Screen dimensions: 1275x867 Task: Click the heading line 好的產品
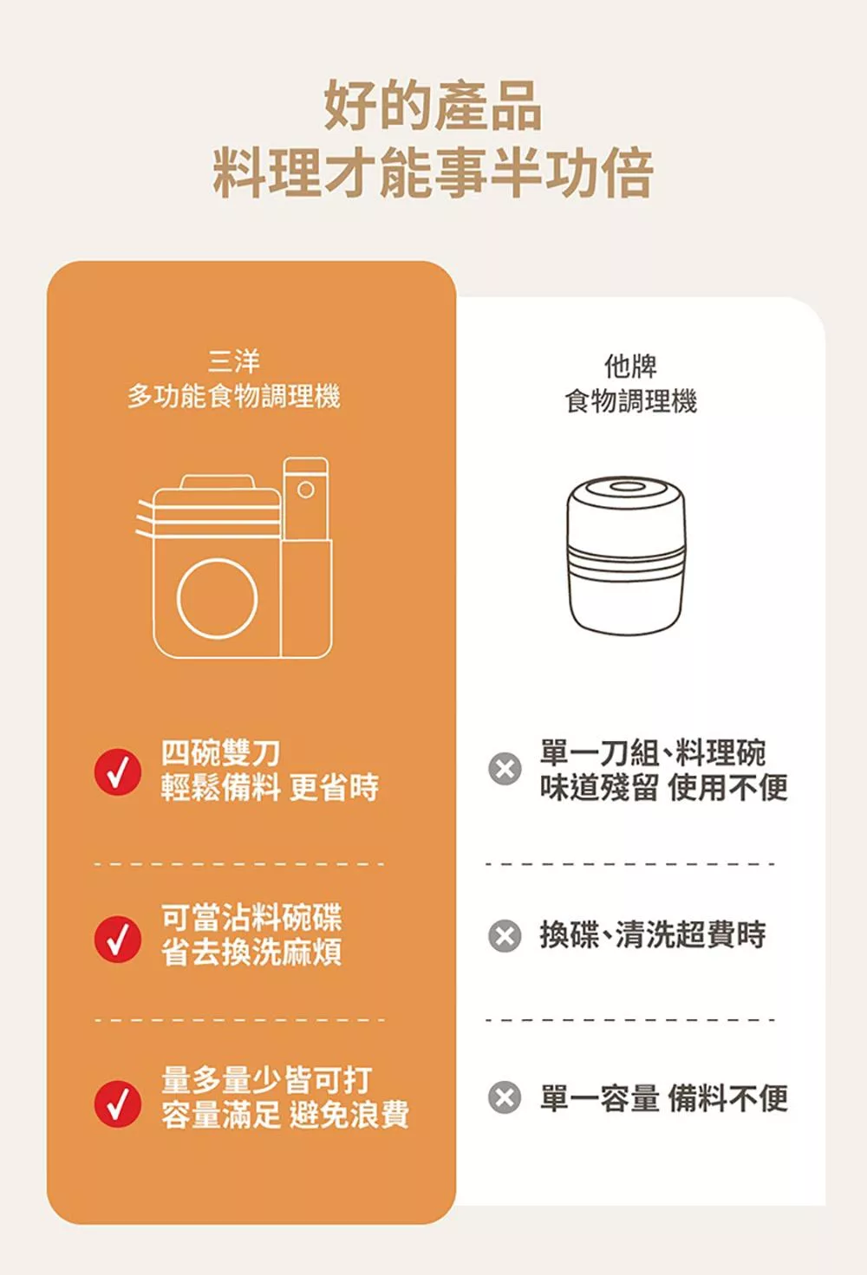pos(433,106)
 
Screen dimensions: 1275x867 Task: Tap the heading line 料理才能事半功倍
pos(433,173)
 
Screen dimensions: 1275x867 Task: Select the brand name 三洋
pos(234,361)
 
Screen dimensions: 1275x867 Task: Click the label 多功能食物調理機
pos(234,397)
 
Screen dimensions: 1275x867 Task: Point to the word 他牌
pos(630,366)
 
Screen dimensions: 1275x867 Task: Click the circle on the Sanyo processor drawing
pos(218,599)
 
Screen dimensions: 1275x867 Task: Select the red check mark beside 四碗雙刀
pos(118,771)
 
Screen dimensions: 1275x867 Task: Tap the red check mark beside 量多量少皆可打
pos(118,1103)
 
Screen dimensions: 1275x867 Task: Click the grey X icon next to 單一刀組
pos(505,769)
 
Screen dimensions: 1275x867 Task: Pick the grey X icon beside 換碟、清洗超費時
pos(505,936)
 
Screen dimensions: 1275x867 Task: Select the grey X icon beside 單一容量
pos(505,1098)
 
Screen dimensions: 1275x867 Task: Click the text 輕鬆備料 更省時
pos(270,788)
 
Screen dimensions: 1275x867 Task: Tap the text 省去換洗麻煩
pos(251,953)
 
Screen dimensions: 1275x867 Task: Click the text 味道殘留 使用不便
pos(663,787)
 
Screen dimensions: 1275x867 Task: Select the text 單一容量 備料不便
pos(663,1098)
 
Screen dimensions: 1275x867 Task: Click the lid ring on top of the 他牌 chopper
pos(625,487)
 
